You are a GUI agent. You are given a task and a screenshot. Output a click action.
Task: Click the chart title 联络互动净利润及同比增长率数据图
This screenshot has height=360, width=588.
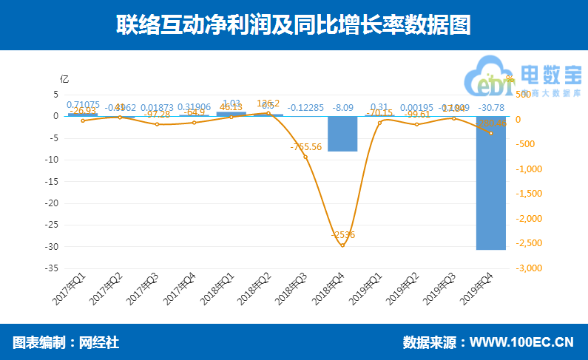point(294,24)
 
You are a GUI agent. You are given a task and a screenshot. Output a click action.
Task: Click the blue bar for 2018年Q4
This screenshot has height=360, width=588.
point(342,134)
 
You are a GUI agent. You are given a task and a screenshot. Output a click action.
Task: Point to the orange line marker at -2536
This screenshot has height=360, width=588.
point(342,245)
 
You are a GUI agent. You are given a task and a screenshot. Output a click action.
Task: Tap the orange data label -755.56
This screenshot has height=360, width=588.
point(306,147)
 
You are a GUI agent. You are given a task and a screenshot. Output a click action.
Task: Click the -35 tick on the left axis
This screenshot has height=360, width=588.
point(53,269)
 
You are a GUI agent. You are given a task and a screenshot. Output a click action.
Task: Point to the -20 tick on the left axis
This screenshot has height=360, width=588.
point(53,203)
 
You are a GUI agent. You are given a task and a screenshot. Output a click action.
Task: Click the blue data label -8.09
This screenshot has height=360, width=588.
point(342,106)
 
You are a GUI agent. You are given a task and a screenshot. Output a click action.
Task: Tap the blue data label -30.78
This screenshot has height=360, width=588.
point(490,106)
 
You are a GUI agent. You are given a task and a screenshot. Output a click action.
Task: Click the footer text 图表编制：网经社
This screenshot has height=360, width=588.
point(66,343)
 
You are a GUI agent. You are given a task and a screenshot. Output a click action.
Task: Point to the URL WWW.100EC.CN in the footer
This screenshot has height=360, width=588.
point(522,343)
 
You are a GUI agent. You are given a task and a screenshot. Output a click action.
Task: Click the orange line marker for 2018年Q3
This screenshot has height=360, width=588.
point(305,157)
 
